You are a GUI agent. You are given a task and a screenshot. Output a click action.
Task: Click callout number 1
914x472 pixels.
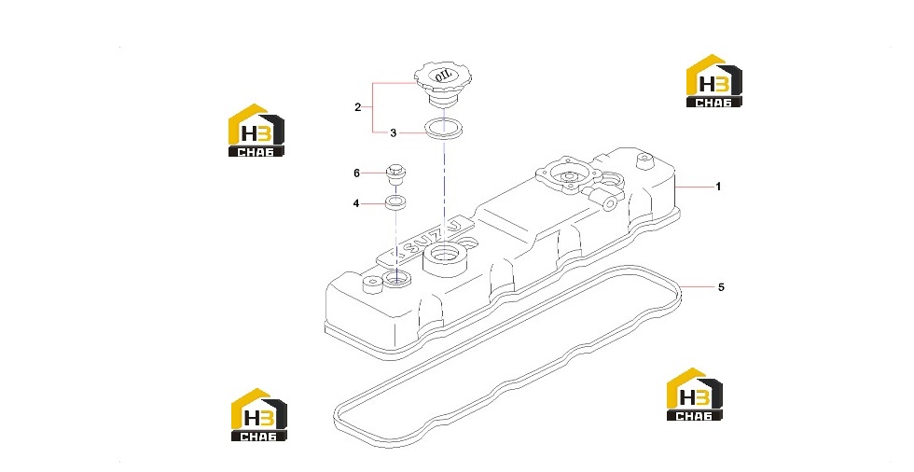(718, 187)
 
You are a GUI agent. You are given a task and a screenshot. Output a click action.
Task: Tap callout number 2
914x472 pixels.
(358, 107)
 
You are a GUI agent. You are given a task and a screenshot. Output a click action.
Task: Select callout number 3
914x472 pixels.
(394, 133)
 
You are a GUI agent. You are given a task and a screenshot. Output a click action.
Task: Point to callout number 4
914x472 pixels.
(356, 204)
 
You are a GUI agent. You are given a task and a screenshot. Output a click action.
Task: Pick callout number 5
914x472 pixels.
(721, 287)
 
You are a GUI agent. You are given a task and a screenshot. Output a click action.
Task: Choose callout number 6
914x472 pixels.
(356, 174)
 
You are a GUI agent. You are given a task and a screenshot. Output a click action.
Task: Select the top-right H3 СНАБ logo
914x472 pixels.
(714, 81)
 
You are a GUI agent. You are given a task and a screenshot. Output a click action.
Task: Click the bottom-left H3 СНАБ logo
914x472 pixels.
(259, 414)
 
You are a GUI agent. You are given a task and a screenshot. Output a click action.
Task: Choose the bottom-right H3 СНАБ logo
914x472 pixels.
(694, 394)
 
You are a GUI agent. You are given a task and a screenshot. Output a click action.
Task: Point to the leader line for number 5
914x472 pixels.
(697, 286)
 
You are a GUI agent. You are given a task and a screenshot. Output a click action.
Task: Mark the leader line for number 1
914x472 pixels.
(695, 187)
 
